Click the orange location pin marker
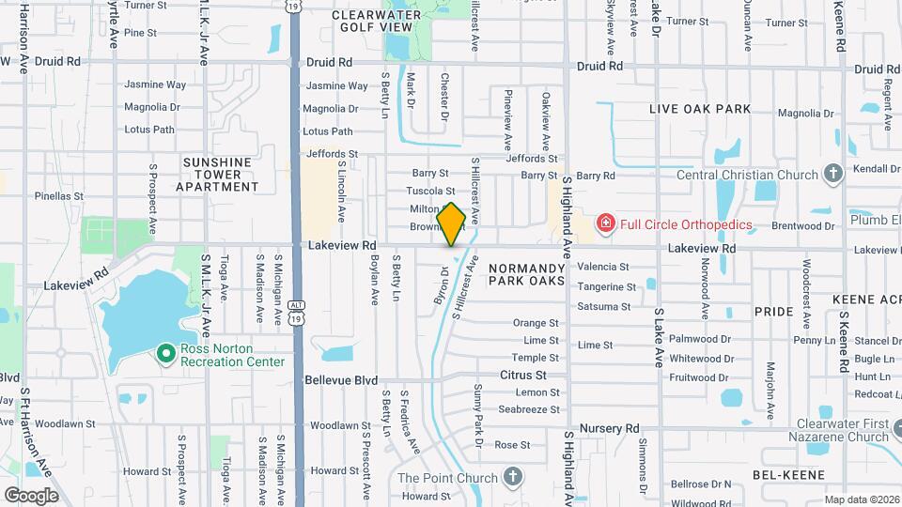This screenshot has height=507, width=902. [451, 223]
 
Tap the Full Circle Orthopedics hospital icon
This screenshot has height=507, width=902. [605, 223]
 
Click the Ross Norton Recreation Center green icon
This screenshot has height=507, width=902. [166, 353]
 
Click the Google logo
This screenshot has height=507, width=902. [31, 495]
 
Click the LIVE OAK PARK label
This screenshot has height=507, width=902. [700, 109]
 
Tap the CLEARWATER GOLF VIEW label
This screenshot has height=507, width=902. [379, 22]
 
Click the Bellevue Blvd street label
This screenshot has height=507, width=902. [342, 380]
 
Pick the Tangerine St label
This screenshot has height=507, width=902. [607, 287]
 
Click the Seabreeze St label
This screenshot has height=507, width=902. [529, 409]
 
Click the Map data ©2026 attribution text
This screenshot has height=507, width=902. [861, 499]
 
